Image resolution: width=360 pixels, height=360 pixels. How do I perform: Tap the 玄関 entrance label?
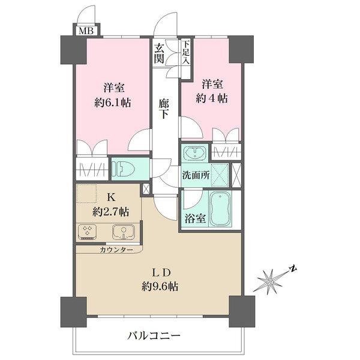coord(159,53)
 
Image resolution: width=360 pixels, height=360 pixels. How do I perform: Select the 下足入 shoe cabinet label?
coord(186,52)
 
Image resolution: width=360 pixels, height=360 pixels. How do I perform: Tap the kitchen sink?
coord(122,230)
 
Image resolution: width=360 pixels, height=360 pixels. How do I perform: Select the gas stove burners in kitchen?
coord(87,230)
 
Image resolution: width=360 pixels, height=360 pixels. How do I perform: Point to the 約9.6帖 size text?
coord(160,286)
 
